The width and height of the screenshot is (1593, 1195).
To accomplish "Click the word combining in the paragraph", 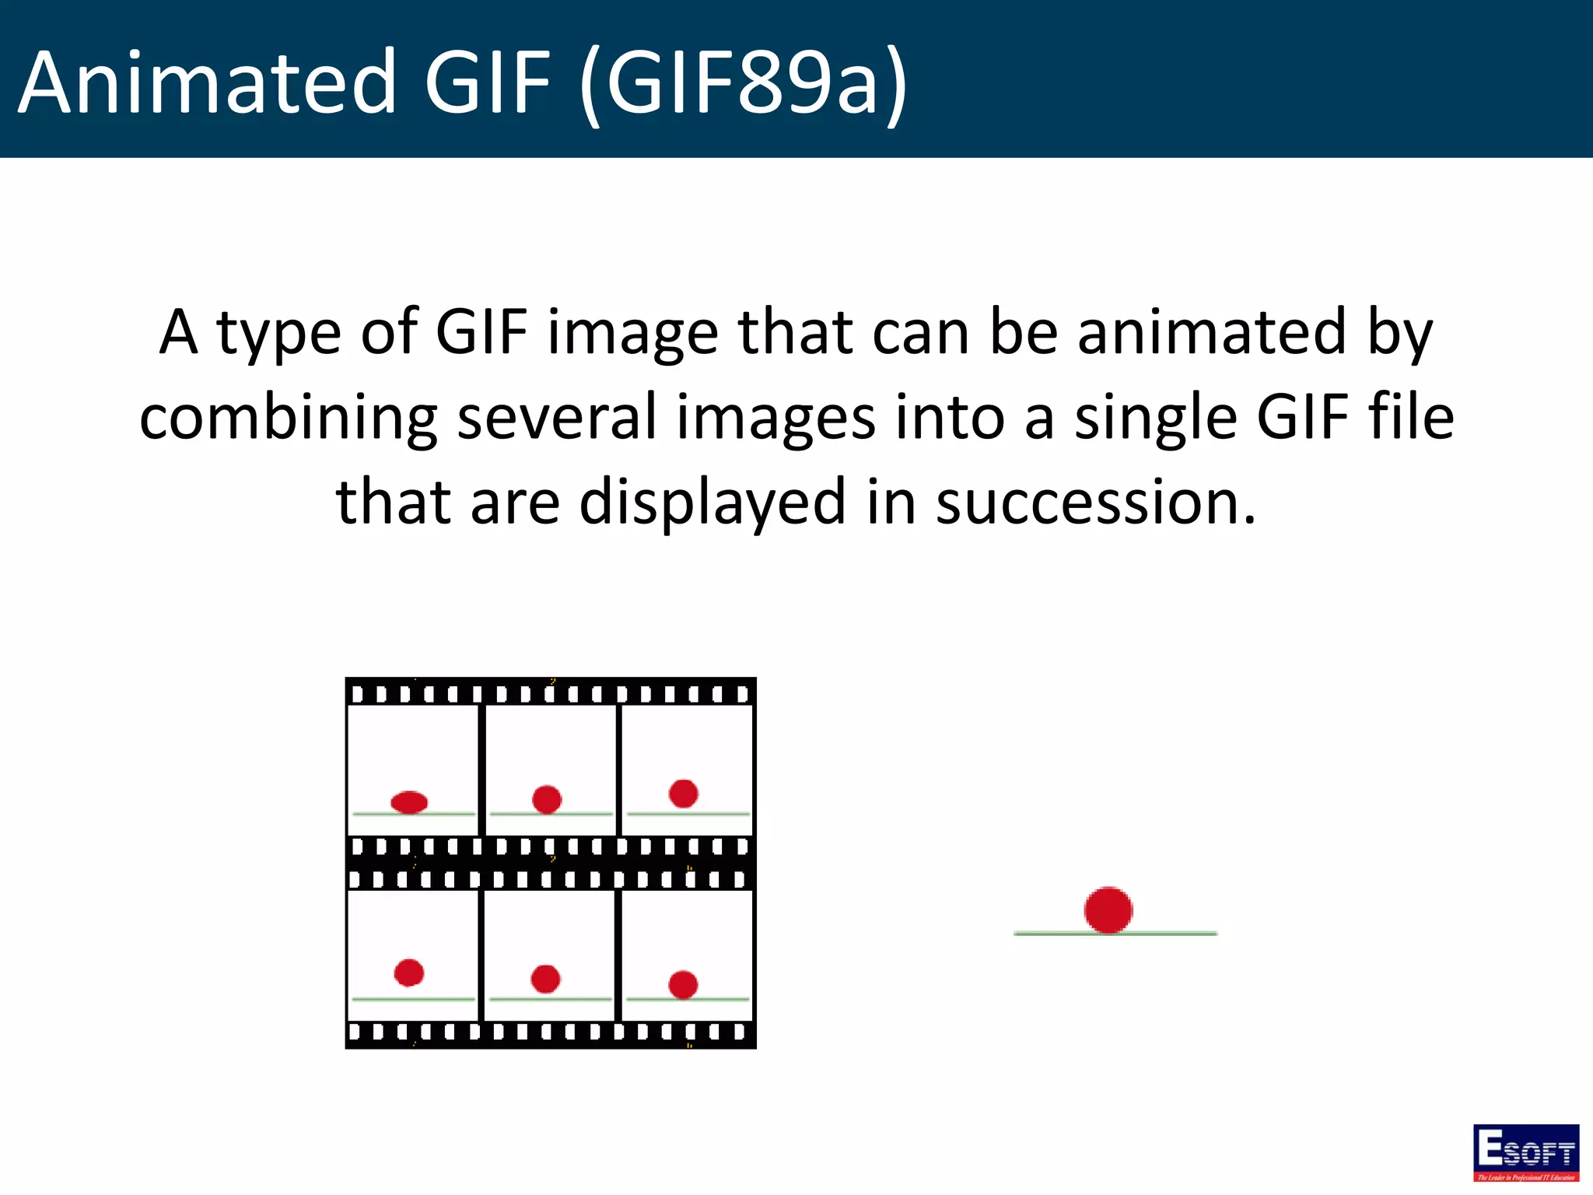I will [x=288, y=419].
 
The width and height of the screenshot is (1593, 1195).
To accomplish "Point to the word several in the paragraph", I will [x=557, y=417].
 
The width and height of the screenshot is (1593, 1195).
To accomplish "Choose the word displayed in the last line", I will [x=712, y=504].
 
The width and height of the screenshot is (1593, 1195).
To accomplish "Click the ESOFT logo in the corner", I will [x=1525, y=1152].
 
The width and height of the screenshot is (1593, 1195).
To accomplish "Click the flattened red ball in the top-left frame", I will [x=409, y=801].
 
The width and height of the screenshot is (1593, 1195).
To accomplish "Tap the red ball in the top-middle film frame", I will [x=547, y=799].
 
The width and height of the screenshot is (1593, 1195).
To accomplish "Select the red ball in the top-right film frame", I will [x=683, y=793].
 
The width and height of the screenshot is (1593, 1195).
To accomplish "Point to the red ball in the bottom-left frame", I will [x=409, y=972].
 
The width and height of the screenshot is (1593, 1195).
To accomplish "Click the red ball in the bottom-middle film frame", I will [x=545, y=978].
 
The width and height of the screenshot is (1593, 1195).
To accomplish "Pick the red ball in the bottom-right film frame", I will [x=683, y=984].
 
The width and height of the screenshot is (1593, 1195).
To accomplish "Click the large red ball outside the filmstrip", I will [x=1108, y=909].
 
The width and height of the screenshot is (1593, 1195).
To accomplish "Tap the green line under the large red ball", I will [x=1167, y=933].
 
